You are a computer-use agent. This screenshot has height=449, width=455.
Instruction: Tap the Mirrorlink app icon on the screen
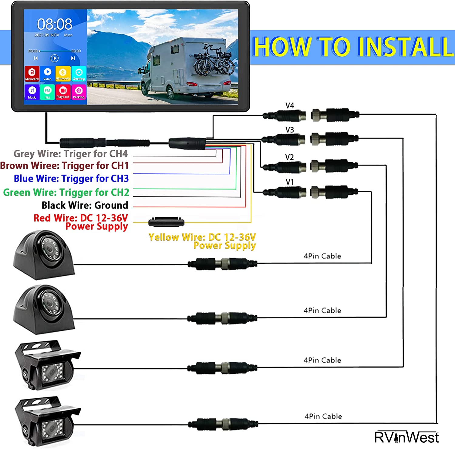[x=32, y=74]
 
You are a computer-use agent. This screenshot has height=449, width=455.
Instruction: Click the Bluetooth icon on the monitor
[x=63, y=74]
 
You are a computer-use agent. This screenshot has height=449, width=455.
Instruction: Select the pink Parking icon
[x=79, y=92]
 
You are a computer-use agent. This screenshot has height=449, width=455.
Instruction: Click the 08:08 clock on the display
[x=55, y=24]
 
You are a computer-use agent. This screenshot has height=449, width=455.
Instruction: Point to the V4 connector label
[x=290, y=106]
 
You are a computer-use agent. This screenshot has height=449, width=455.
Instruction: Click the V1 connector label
[x=290, y=182]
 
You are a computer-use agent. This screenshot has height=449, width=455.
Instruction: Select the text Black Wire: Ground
[x=85, y=205]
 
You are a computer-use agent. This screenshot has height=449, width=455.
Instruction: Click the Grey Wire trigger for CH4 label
[x=71, y=154]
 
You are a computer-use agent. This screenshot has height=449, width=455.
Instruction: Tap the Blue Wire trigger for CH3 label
[x=71, y=179]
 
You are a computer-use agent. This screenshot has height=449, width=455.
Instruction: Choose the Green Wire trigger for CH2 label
[x=66, y=193]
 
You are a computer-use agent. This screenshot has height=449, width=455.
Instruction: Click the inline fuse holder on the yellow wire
[x=166, y=222]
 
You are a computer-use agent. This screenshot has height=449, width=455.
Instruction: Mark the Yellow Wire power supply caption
[x=202, y=241]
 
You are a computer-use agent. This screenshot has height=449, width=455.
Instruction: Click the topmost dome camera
[x=44, y=255]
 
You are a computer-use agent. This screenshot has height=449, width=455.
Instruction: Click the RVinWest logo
[x=406, y=437]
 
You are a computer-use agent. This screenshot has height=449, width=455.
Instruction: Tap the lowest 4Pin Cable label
[x=323, y=416]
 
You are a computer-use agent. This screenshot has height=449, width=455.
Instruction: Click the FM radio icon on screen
[x=47, y=92]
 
